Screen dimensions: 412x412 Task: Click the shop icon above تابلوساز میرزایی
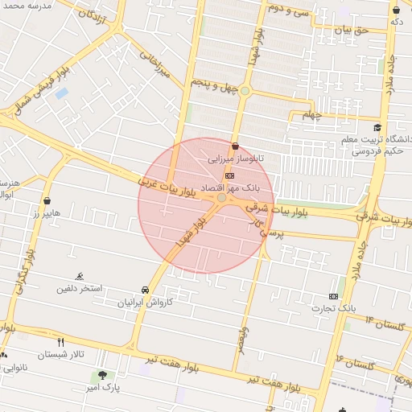[x=235, y=146]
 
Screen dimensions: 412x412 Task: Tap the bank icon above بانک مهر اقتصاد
[x=230, y=174]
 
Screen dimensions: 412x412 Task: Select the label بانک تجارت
[x=336, y=308]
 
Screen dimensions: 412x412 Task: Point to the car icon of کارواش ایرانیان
[x=145, y=290]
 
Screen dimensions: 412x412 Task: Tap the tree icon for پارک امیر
[x=102, y=374]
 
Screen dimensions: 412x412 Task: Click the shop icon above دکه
[x=396, y=10]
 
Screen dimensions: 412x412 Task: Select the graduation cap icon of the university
[x=377, y=127]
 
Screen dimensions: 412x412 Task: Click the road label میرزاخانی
[x=157, y=68]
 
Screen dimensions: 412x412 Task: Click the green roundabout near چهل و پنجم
[x=245, y=91]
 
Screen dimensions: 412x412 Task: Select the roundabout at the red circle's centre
[x=222, y=197]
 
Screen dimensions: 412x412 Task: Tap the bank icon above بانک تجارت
[x=335, y=296]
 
